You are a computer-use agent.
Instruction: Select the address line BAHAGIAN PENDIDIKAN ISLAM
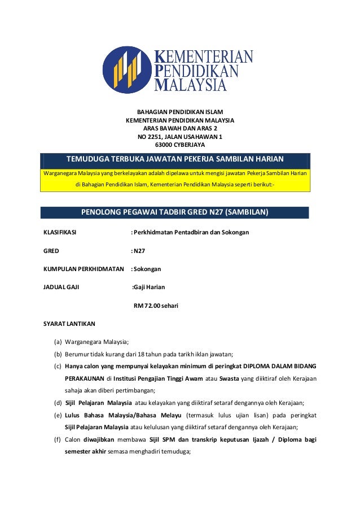[179, 112]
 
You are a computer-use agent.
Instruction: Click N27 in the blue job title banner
[212, 213]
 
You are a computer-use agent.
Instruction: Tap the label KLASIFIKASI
[60, 232]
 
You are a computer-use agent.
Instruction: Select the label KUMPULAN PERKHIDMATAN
[84, 269]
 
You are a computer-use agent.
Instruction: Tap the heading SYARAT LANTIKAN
[69, 324]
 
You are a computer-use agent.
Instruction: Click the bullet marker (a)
[58, 342]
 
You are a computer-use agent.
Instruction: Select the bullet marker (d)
[58, 403]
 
